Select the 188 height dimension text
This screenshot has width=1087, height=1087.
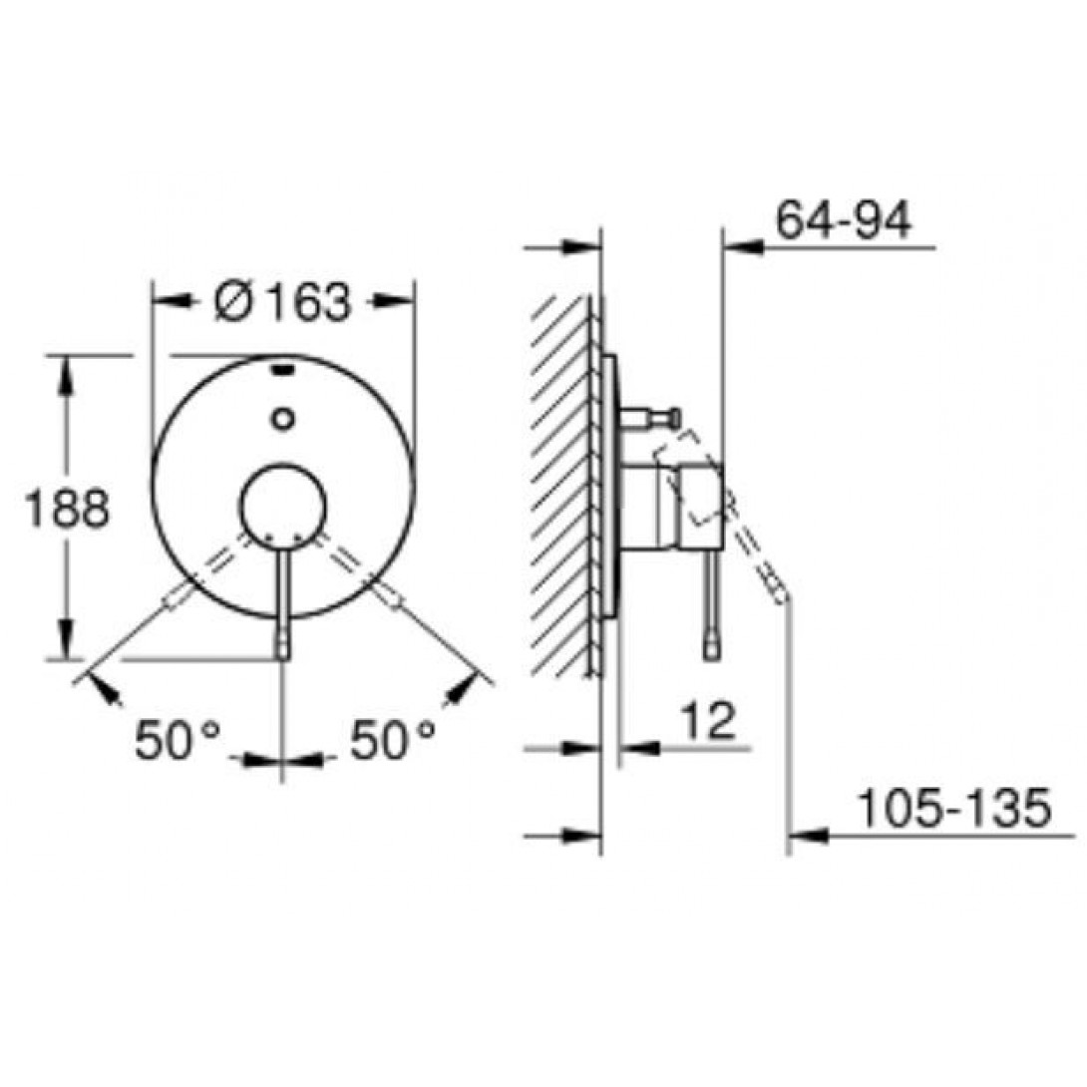click(67, 509)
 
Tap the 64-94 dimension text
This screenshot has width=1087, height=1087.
click(843, 221)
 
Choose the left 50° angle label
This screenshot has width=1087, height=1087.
click(178, 740)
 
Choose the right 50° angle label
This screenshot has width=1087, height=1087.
click(392, 740)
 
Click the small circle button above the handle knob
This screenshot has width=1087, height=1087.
click(283, 419)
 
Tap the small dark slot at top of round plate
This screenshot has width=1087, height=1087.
click(283, 369)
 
